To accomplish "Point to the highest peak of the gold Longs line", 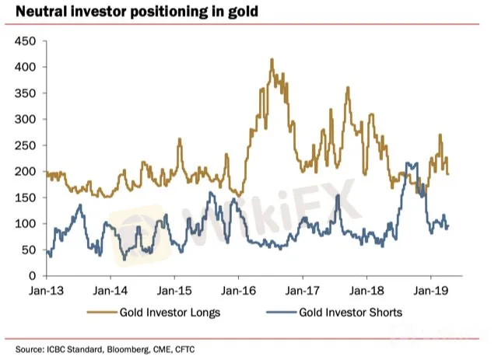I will (272, 59).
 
